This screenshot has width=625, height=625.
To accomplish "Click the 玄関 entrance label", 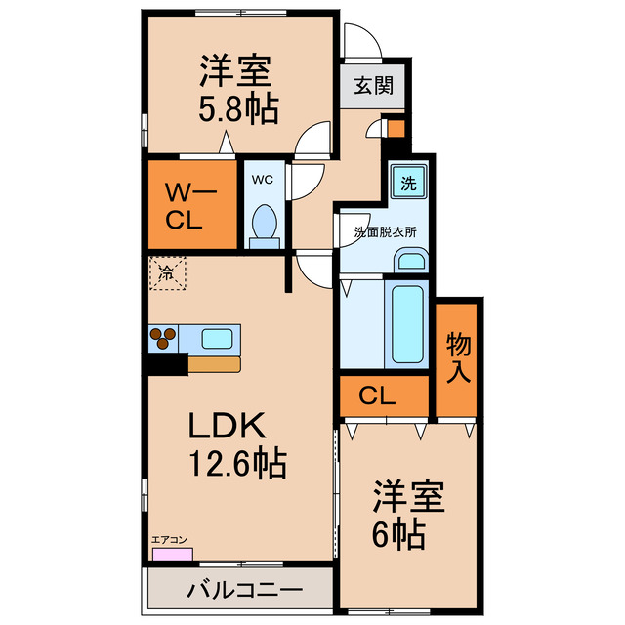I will (372, 86).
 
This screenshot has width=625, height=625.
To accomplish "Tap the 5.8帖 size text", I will (239, 107).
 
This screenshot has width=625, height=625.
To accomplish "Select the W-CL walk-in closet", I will (192, 203).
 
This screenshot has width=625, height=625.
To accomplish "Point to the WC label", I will (263, 179).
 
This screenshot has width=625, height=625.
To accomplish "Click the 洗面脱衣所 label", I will (385, 233).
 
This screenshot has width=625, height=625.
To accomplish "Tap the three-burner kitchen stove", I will (164, 338).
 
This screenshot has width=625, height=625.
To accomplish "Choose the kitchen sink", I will (216, 339).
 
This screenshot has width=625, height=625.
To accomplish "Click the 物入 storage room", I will (458, 356).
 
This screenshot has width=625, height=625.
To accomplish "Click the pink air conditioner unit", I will (172, 554).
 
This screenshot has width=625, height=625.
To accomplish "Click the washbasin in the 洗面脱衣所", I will (410, 261).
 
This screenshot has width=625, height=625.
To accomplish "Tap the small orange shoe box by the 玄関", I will (395, 127).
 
